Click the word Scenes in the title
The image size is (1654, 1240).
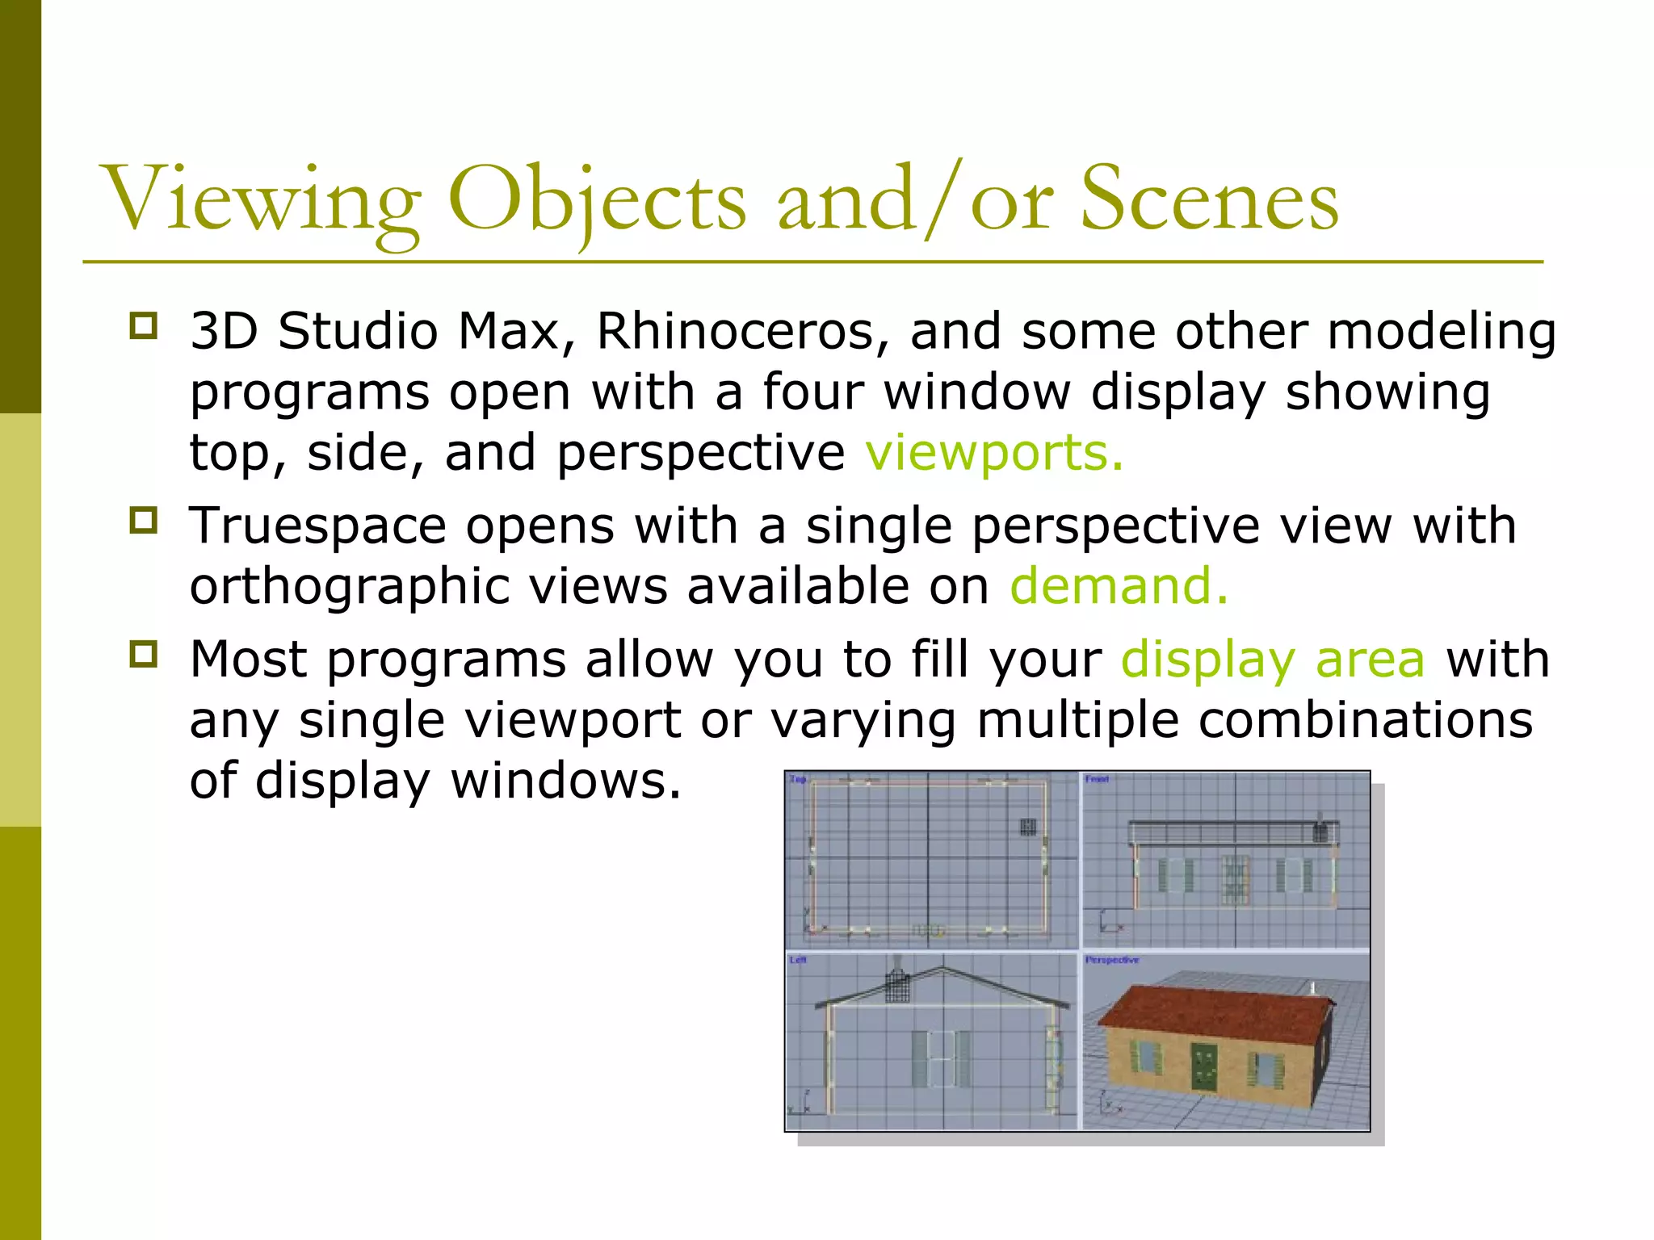[x=1209, y=199]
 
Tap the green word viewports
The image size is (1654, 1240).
[x=993, y=452]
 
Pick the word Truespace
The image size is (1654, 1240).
[x=317, y=526]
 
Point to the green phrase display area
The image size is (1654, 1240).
[x=1273, y=660]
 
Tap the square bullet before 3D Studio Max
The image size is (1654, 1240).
[x=143, y=326]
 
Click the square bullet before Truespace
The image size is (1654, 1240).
[x=143, y=521]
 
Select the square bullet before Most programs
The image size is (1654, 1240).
[x=143, y=654]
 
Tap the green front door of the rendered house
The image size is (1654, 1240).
[x=1203, y=1066]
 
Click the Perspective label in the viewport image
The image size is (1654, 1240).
[x=1111, y=960]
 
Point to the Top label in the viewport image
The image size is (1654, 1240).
[x=797, y=780]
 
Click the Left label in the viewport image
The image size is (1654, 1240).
[x=797, y=960]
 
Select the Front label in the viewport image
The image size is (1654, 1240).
[x=1097, y=780]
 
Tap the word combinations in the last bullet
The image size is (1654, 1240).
[x=1365, y=720]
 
